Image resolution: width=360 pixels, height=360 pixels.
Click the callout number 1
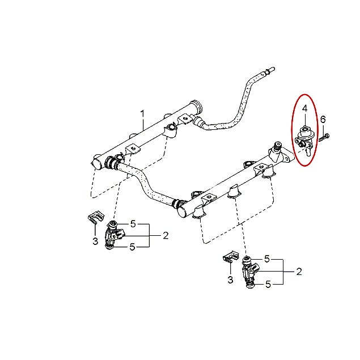142,115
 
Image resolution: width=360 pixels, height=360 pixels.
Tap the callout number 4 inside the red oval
304,109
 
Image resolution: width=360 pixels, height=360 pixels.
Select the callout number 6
323,120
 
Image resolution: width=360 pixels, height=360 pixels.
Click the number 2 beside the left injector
166,236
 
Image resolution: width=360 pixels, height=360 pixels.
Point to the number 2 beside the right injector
299,272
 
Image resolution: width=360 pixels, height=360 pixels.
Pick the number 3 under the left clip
95,242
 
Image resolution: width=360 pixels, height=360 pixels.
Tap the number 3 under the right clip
230,280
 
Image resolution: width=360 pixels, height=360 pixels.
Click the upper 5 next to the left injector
133,224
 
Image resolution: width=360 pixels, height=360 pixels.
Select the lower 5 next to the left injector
133,247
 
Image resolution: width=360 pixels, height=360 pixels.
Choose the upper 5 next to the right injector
267,259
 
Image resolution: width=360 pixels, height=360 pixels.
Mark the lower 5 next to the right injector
268,285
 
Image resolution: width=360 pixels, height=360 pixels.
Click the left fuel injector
113,235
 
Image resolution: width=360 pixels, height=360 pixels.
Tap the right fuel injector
250,272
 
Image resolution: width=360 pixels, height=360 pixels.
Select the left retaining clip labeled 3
96,217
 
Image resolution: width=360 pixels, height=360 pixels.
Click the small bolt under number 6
324,137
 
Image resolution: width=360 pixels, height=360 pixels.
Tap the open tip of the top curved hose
273,69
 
